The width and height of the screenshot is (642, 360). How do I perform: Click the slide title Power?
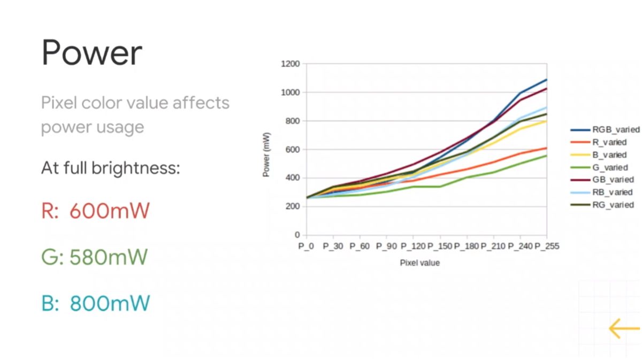91,52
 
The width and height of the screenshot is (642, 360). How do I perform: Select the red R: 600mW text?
95,211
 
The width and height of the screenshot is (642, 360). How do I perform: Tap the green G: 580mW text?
94,257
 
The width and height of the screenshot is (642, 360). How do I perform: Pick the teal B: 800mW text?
95,304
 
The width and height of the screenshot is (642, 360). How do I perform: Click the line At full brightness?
110,168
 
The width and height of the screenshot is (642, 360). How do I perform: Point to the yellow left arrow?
623,328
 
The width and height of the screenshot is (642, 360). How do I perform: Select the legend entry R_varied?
609,142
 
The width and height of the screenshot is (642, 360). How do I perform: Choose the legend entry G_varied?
609,167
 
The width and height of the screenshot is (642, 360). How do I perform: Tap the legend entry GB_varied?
612,180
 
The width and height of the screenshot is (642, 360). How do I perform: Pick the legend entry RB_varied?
612,192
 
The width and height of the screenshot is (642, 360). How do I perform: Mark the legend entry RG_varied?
612,205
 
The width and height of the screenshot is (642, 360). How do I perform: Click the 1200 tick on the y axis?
290,64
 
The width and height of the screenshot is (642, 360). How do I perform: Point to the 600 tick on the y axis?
292,150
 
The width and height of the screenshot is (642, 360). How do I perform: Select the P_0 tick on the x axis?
306,246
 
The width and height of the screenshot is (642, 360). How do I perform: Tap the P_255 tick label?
547,246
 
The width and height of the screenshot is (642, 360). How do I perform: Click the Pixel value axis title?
420,263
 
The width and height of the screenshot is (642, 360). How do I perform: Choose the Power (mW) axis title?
266,155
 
